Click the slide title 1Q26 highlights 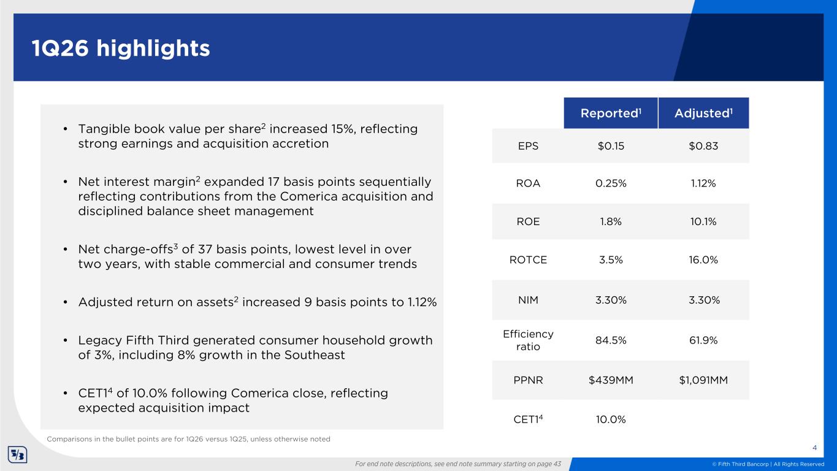(x=121, y=48)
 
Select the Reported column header (x=611, y=113)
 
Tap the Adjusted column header (x=703, y=113)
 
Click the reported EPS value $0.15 (x=611, y=147)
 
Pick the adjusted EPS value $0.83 (x=703, y=147)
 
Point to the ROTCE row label (x=528, y=260)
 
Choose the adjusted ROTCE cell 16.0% (x=703, y=260)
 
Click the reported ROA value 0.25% (x=611, y=184)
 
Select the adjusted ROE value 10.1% (x=703, y=222)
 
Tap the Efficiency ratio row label (x=528, y=341)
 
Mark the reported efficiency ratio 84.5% (x=611, y=341)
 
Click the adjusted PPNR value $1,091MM (x=703, y=380)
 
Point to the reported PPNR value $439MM (x=611, y=380)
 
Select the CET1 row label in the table (x=528, y=419)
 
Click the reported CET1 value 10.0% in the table (x=611, y=419)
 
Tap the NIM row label (x=528, y=300)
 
